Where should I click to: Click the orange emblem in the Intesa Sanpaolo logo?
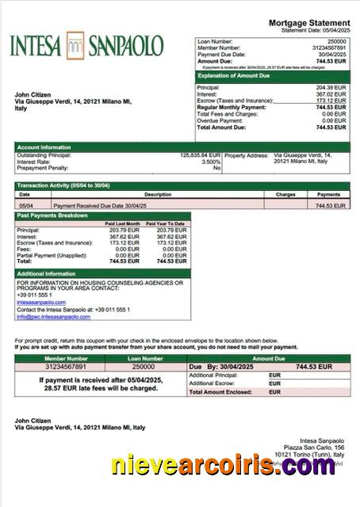(x=76, y=45)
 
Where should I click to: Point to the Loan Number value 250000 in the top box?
(x=336, y=40)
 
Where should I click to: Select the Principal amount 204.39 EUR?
(x=331, y=87)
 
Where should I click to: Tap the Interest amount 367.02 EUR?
(x=331, y=94)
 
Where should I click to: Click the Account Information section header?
(x=44, y=147)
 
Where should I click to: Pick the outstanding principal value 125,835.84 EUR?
(x=200, y=155)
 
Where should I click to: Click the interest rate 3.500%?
(x=211, y=162)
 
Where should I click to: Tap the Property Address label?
(x=247, y=155)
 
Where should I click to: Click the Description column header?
(x=158, y=194)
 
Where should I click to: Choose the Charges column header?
(x=285, y=194)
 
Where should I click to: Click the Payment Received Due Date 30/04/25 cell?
(x=95, y=205)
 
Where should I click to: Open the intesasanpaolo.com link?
(x=41, y=302)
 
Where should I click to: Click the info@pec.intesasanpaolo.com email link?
(x=54, y=317)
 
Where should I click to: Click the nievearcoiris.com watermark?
(x=224, y=467)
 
